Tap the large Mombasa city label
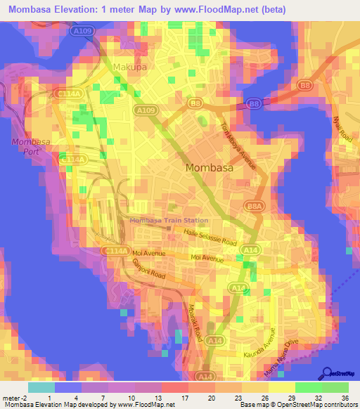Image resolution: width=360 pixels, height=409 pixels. click(210, 168)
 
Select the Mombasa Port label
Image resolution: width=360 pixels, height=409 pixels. click(28, 148)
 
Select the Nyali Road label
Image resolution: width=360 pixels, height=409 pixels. click(345, 130)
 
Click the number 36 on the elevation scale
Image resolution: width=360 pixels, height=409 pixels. click(345, 397)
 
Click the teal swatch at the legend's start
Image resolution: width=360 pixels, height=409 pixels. click(41, 387)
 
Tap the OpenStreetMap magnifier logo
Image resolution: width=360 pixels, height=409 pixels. click(328, 373)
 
